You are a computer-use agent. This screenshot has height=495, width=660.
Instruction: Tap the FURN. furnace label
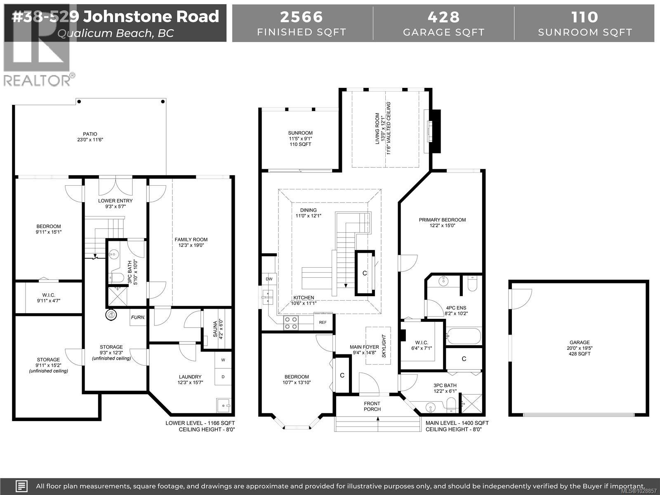click(138, 318)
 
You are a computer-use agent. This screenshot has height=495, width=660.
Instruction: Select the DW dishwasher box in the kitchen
click(269, 279)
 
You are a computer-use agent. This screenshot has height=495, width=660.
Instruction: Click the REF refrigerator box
click(323, 322)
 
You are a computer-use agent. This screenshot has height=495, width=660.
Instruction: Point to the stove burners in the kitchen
click(290, 323)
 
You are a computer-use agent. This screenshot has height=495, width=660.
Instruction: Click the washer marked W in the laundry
click(223, 360)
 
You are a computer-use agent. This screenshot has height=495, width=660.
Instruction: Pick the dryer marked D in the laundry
click(223, 377)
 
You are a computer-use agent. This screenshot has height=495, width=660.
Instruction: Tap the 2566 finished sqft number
click(302, 17)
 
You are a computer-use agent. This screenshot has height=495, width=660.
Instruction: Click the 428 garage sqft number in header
click(443, 17)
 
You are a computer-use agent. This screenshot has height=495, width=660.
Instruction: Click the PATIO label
click(90, 134)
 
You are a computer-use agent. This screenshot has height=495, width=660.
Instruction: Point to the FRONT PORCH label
click(372, 406)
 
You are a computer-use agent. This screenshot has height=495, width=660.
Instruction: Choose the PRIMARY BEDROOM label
click(442, 220)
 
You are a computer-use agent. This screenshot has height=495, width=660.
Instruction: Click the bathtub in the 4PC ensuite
click(464, 336)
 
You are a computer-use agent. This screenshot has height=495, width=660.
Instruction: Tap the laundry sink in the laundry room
click(224, 406)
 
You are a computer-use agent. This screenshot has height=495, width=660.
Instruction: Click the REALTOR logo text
click(37, 80)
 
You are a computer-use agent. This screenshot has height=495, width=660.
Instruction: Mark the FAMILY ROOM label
click(191, 240)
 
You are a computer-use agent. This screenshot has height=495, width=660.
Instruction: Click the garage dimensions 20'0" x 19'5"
click(580, 348)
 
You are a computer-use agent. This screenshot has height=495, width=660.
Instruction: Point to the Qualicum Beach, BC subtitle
click(115, 33)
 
